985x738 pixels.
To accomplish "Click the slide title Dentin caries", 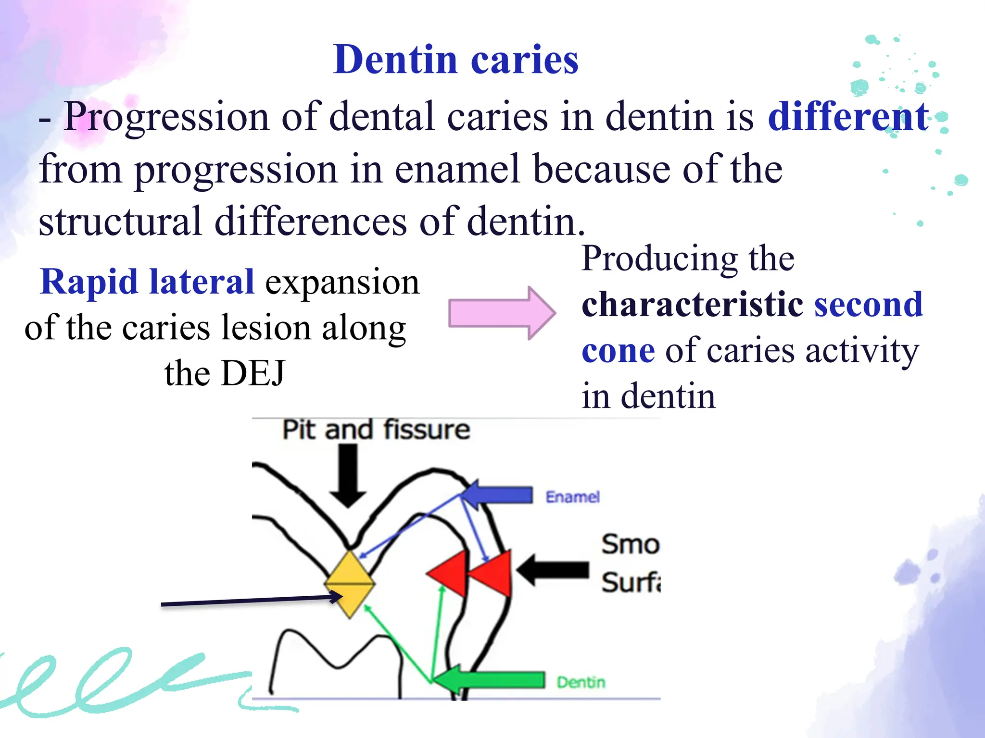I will coord(455,60).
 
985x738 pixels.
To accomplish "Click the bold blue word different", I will coord(848,117).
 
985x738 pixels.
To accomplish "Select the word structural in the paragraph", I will coord(120,221).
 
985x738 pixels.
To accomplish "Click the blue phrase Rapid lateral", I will coord(147,282).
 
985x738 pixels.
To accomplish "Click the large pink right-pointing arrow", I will coord(501,313).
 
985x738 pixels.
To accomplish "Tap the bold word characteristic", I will coord(692,305).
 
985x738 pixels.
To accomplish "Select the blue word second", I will coord(869,305).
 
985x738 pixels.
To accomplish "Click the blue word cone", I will coord(618,351).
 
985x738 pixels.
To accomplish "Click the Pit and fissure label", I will coord(376,430).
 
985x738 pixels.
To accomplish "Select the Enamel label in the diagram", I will coord(572,497).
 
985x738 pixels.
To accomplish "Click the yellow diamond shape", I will coord(350,584).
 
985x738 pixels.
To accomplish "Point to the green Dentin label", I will coord(581,682).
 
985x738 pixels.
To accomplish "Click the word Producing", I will coord(658,259).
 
